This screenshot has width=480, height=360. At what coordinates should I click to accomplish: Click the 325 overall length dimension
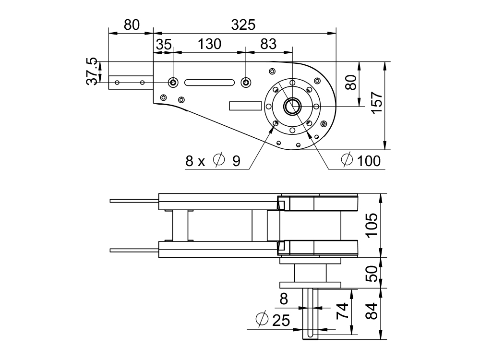click(243, 24)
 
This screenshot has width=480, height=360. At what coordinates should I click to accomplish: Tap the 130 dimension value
click(210, 44)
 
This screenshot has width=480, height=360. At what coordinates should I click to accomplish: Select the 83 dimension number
click(268, 44)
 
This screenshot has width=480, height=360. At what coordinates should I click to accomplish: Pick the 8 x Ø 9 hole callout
click(213, 161)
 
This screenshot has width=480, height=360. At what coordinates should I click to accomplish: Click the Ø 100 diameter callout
click(360, 161)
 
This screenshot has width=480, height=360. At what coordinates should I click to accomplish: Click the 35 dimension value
click(164, 44)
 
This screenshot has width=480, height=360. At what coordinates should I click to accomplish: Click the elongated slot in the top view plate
click(209, 83)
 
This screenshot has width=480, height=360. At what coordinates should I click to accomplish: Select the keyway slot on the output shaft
click(310, 312)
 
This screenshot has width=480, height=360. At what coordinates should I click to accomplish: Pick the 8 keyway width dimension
click(284, 299)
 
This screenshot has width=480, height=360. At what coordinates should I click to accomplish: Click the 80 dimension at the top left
click(131, 24)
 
